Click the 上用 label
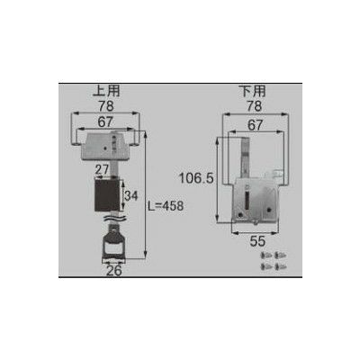pyautogui.click(x=106, y=91)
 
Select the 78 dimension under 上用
pyautogui.click(x=106, y=105)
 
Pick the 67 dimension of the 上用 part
pyautogui.click(x=105, y=122)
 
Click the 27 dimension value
pyautogui.click(x=103, y=170)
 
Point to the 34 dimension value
pyautogui.click(x=130, y=196)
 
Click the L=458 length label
pyautogui.click(x=166, y=206)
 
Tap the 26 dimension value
pyautogui.click(x=114, y=271)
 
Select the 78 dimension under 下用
pyautogui.click(x=254, y=106)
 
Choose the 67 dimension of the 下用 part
pyautogui.click(x=255, y=125)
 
